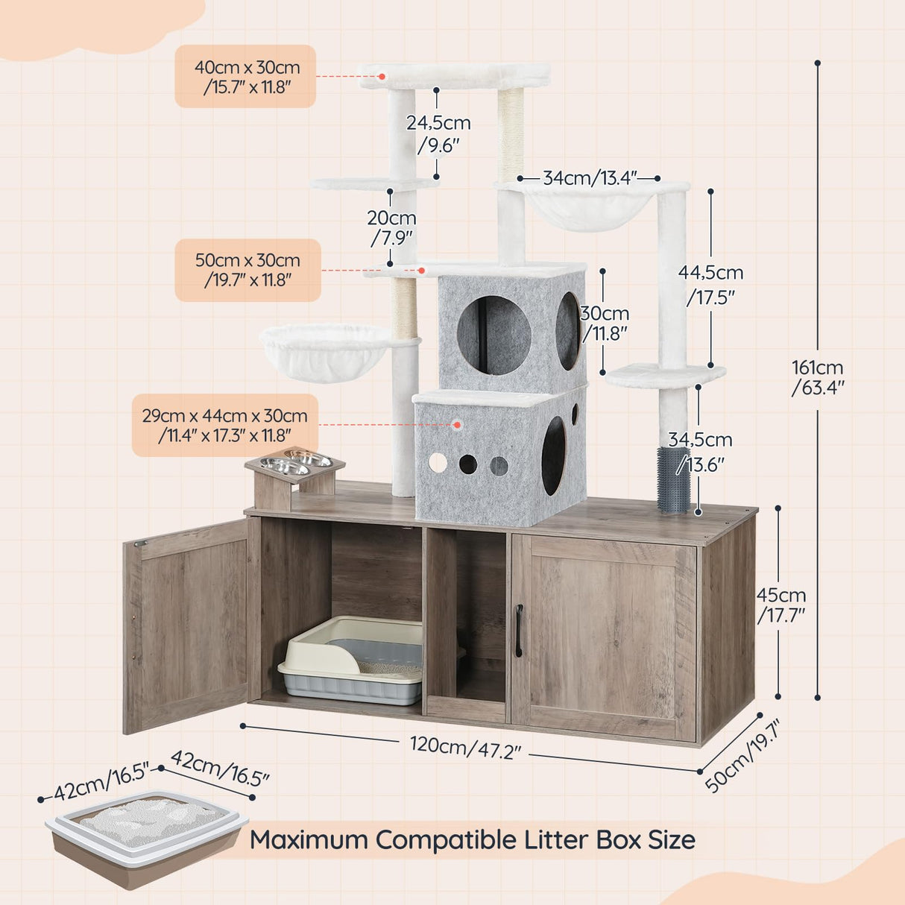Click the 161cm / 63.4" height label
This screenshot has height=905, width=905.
817,377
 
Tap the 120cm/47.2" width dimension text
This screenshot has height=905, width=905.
465,748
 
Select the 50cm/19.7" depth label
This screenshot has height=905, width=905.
742,755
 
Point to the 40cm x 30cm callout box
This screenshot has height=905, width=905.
246,77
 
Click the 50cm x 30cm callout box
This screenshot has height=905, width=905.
248,270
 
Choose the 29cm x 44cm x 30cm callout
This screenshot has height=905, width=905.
225,425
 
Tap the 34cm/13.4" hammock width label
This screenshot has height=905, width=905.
590,178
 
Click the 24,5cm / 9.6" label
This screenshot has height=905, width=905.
438,133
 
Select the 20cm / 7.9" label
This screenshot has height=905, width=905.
391,227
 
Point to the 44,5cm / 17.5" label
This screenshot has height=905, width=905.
710,283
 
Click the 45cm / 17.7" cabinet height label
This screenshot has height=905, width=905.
781,605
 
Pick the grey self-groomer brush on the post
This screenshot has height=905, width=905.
673,479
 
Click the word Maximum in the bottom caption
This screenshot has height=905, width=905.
309,839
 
